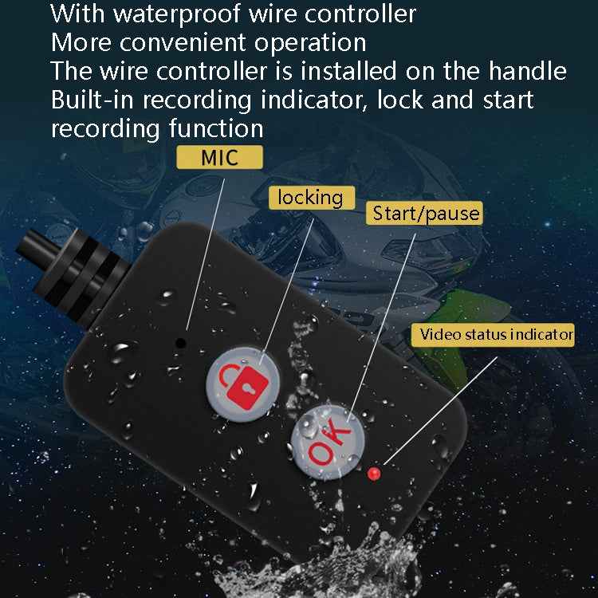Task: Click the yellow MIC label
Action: (x=219, y=156)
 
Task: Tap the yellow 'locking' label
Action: (x=311, y=197)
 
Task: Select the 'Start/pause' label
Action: (x=427, y=212)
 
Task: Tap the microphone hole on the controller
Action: (x=181, y=342)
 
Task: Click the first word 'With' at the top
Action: (x=70, y=14)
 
